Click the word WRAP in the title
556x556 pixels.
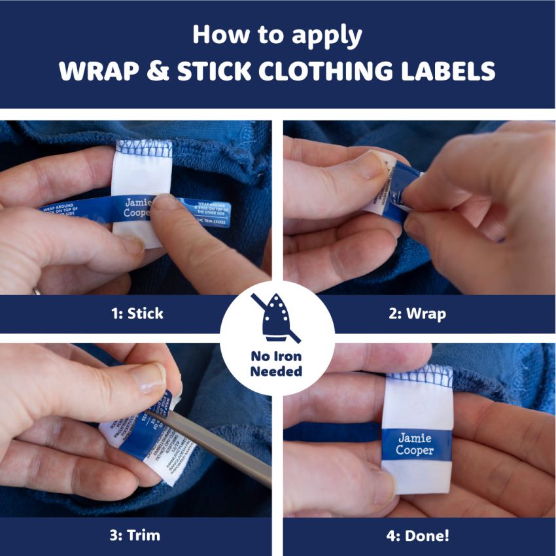[101, 71]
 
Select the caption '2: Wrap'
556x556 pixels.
[417, 313]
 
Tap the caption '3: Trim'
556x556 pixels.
[134, 536]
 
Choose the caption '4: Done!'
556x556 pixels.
[417, 536]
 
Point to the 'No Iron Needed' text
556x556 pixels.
[277, 364]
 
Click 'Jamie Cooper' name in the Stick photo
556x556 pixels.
[138, 207]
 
